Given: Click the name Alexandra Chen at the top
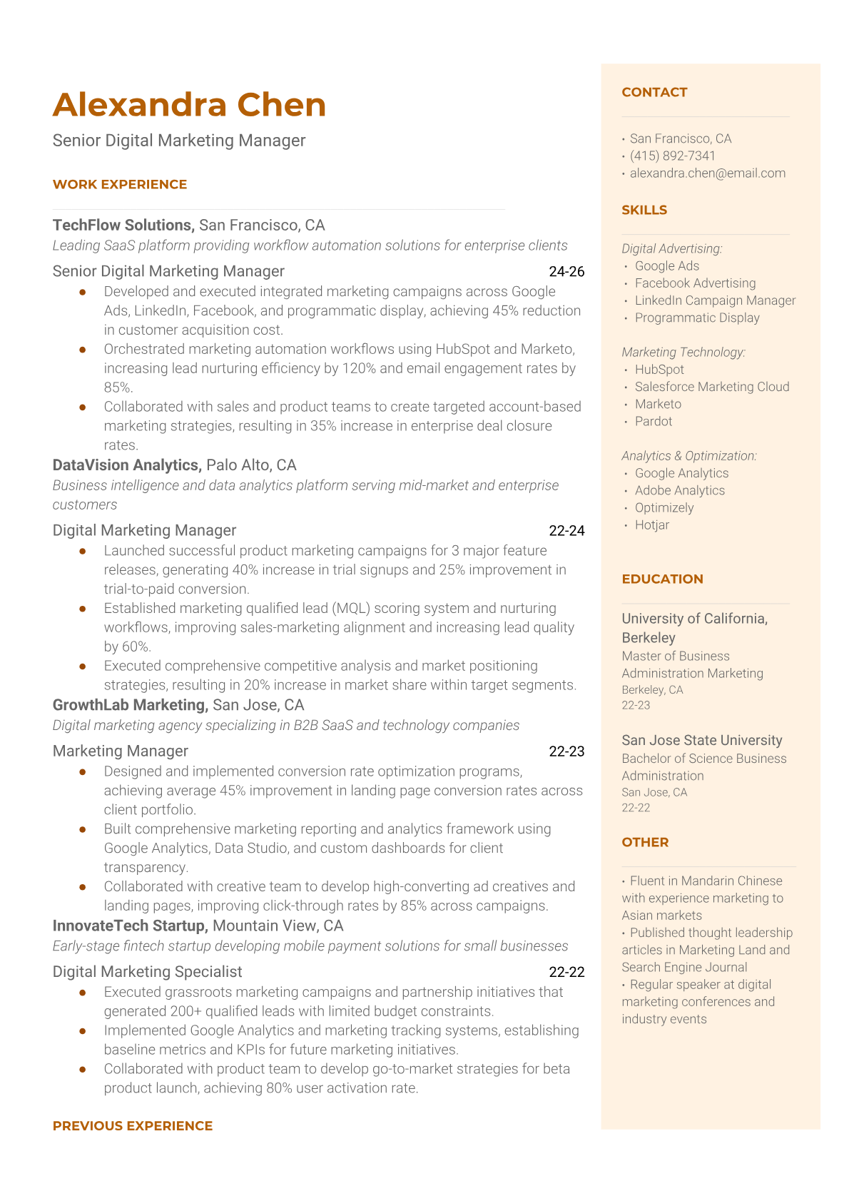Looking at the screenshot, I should coord(189,105).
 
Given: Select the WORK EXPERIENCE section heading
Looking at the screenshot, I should coord(120,184).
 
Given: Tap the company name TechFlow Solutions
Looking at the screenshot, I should coord(123,225).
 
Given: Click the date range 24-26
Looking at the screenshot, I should coord(566,272).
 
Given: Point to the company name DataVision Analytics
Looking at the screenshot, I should coord(126,465).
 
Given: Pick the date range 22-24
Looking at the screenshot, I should coord(566,531).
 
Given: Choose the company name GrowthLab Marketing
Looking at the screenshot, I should coord(131,705).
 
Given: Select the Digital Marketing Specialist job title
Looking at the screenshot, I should coord(147,972).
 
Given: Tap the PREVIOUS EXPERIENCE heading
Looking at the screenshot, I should coord(133,1125).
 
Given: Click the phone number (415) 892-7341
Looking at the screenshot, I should coord(672,156).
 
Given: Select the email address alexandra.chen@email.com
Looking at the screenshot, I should coord(707,173).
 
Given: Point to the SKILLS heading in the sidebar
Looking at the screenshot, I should coord(644,210).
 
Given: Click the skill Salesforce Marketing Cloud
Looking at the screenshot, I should coord(712,387).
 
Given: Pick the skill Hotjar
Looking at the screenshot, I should coord(652,525).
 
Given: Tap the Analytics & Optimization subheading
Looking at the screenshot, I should coord(689,456).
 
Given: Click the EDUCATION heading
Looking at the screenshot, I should coord(662,579).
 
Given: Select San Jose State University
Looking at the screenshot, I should coord(701,741).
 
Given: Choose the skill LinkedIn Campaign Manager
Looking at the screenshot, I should coord(715,300).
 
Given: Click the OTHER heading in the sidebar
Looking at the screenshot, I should coord(645,842).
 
